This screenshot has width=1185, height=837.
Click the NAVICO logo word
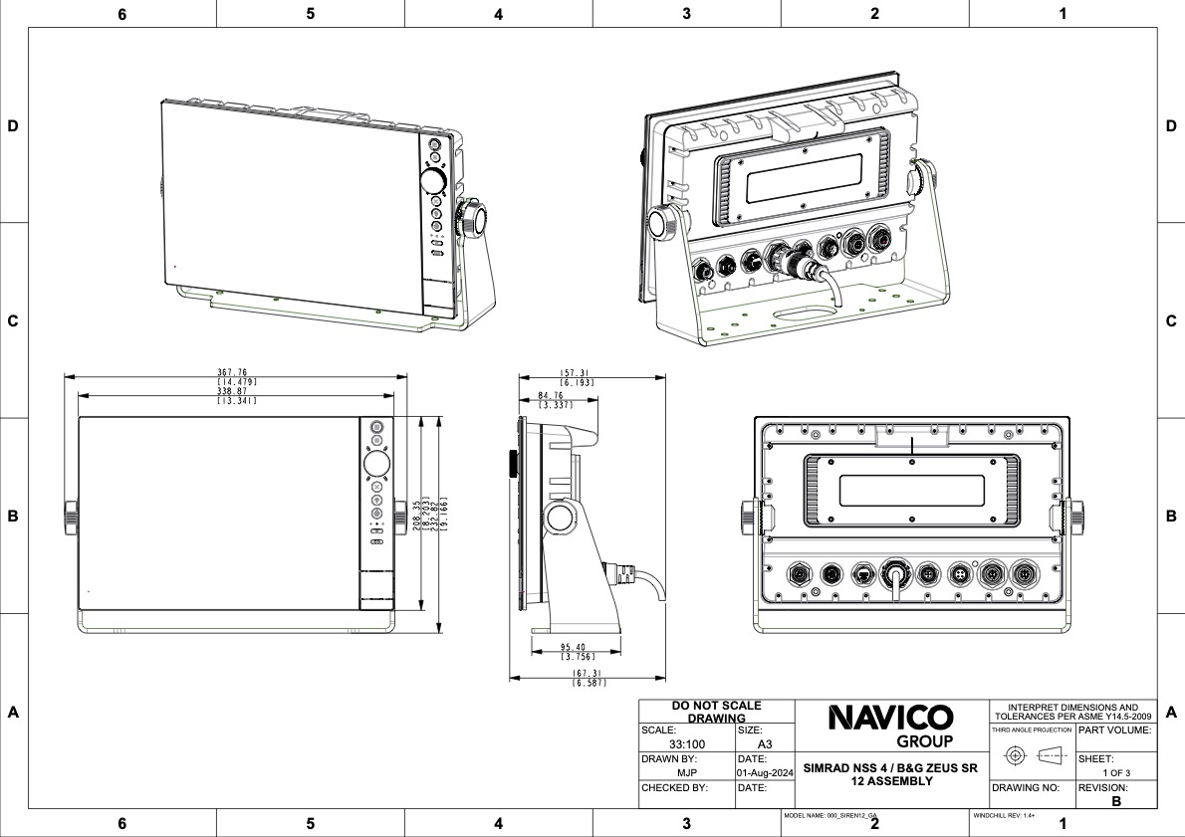click(x=891, y=718)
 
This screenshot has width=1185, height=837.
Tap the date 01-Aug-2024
click(x=764, y=772)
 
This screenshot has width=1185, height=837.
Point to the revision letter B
click(x=1116, y=800)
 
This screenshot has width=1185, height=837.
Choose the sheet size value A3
click(x=765, y=744)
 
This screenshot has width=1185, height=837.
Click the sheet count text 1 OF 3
click(x=1115, y=772)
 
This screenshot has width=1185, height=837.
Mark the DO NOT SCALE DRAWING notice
click(x=717, y=711)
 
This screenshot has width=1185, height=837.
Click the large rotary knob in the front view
click(x=376, y=465)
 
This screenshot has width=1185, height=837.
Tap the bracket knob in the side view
click(x=559, y=517)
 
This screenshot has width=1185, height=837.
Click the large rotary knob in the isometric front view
click(x=434, y=180)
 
